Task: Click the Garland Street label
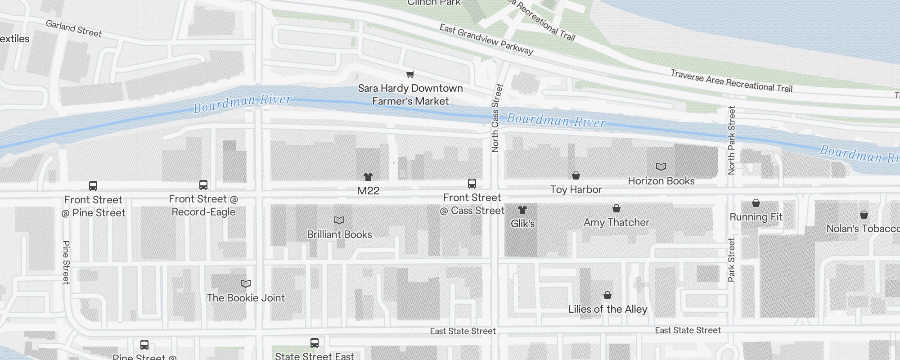coord(74,29)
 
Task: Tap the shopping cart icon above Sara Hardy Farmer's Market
coord(410,74)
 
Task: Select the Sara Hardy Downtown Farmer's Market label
coord(410,94)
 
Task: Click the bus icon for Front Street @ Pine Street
coord(93,186)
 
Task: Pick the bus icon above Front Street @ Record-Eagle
coord(203,185)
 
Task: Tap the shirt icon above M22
coord(368,176)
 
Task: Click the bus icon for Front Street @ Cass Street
coord(472,184)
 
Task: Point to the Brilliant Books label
coord(339,234)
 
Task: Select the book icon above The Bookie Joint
coord(246,284)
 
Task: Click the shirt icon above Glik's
coord(522,210)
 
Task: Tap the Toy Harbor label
coord(576,189)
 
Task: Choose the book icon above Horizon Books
coord(661,167)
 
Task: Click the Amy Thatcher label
coord(616,222)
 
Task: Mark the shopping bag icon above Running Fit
coord(756,203)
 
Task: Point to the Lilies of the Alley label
coord(607,309)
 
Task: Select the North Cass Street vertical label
coord(496,118)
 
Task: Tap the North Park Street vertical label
coord(732,140)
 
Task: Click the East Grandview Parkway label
coord(486,40)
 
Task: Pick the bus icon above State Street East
coord(315,343)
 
